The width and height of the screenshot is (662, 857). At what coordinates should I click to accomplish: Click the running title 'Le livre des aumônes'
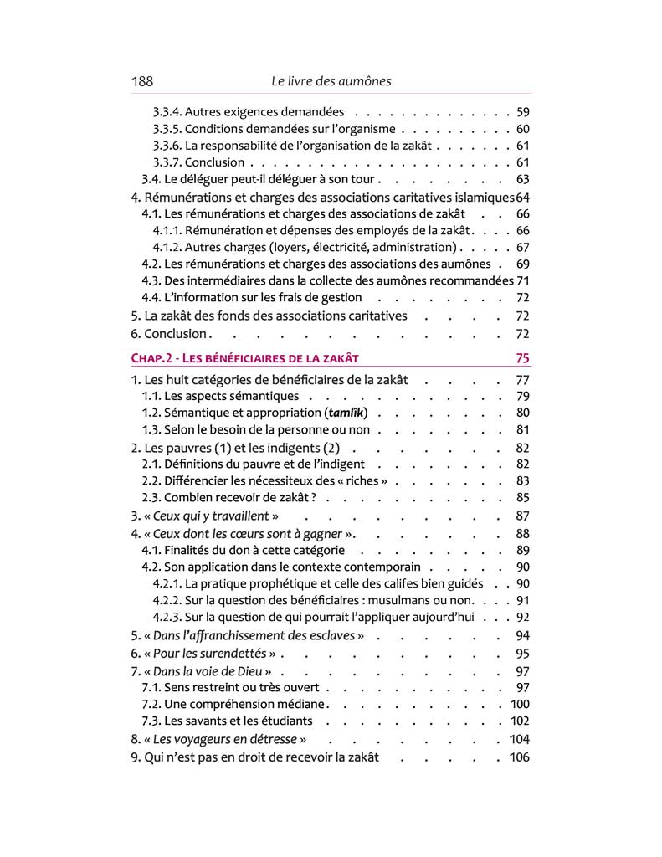tap(331, 81)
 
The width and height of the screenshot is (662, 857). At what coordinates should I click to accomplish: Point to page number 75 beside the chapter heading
tap(522, 358)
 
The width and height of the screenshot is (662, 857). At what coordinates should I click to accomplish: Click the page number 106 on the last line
tap(519, 757)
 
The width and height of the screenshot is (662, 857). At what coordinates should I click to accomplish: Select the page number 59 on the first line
tap(523, 112)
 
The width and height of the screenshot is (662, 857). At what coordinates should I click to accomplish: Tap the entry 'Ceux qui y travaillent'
tap(210, 516)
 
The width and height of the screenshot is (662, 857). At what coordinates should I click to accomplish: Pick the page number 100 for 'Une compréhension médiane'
tap(519, 704)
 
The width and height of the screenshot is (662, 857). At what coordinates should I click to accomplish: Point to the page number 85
tap(523, 497)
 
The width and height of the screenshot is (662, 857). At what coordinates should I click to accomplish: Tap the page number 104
tap(519, 739)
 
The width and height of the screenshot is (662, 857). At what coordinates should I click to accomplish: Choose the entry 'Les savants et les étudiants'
tap(228, 721)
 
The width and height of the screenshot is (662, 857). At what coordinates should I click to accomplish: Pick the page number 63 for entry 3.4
tap(523, 179)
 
